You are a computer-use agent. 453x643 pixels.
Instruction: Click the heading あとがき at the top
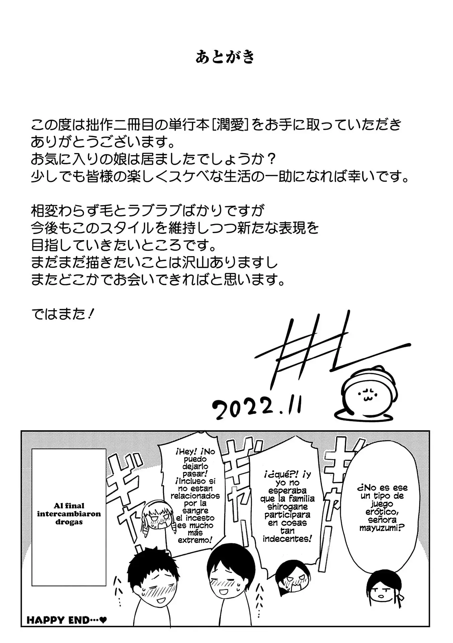[225, 57]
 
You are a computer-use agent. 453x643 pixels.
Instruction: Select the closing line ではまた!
[62, 314]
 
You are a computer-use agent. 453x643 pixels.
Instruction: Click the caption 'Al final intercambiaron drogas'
[69, 514]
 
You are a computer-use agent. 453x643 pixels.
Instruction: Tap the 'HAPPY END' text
[67, 620]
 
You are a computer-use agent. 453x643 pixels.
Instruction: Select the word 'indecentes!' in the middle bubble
[288, 539]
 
